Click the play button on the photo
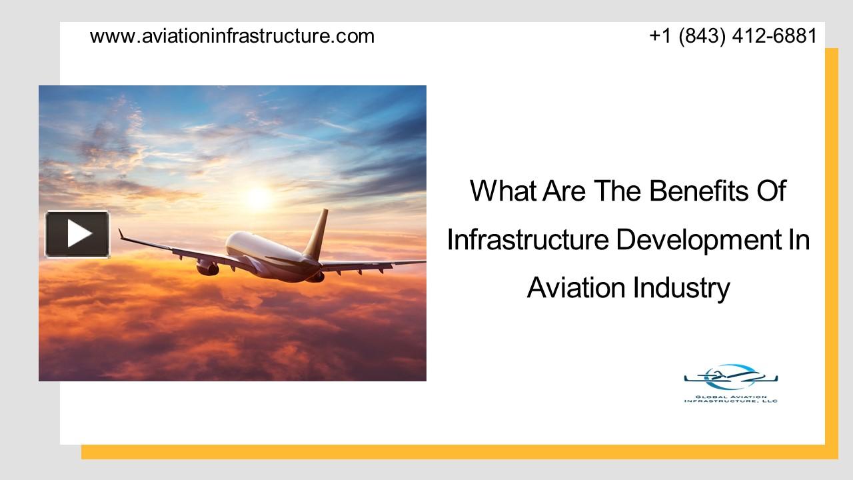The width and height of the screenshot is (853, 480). pos(77,234)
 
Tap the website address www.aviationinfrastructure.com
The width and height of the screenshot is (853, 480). pos(232,36)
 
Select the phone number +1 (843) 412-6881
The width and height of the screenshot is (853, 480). pos(733,36)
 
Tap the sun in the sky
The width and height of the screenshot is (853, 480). pos(257,197)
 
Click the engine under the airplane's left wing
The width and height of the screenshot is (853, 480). pos(207,267)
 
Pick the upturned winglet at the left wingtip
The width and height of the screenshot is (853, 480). pos(121,234)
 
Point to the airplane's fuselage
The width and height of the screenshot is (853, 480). pos(267,250)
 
